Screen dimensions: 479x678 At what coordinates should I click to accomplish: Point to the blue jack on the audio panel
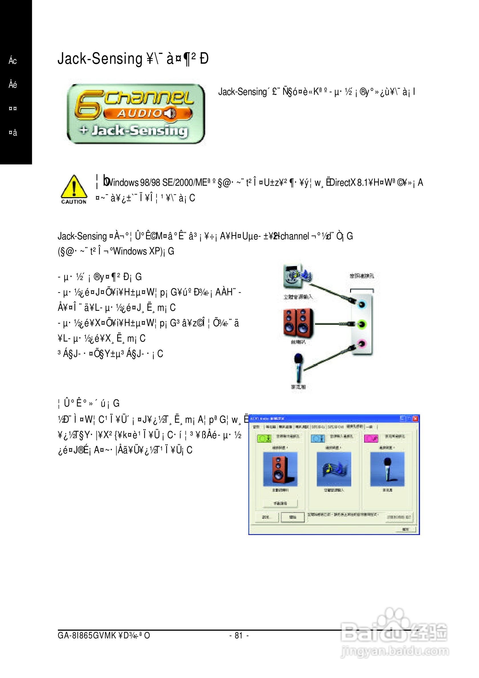362,304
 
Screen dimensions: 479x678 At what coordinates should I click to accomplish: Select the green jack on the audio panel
362,324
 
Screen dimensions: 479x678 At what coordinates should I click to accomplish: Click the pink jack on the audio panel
362,344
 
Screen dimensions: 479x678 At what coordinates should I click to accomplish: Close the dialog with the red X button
415,418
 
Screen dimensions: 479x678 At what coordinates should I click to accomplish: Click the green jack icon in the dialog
264,438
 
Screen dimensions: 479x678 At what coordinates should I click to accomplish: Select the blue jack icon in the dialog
317,438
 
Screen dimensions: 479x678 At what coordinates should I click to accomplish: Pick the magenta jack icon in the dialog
371,438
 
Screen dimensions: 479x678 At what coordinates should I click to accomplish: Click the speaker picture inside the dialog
280,469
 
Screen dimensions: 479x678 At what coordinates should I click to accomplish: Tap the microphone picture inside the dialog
387,469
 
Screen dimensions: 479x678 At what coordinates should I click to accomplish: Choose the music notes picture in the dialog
334,469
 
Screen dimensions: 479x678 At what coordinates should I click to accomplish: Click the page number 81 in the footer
239,636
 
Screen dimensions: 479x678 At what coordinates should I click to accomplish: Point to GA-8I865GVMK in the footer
87,636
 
